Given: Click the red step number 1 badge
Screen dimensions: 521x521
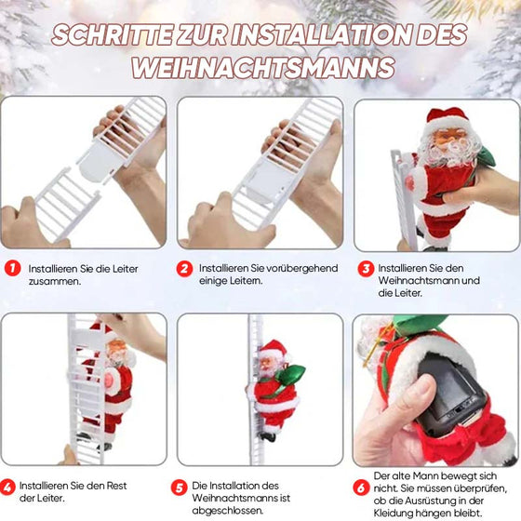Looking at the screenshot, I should click(x=11, y=268).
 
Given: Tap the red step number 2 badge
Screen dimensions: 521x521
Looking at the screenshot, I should click(x=185, y=268).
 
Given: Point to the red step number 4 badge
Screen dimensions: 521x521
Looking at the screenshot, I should click(x=8, y=486).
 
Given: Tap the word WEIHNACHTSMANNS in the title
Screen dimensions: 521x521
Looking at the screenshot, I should click(x=262, y=68).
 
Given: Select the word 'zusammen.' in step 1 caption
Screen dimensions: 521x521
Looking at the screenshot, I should click(x=54, y=279).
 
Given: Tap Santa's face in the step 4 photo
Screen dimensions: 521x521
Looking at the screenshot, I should click(x=115, y=351).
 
